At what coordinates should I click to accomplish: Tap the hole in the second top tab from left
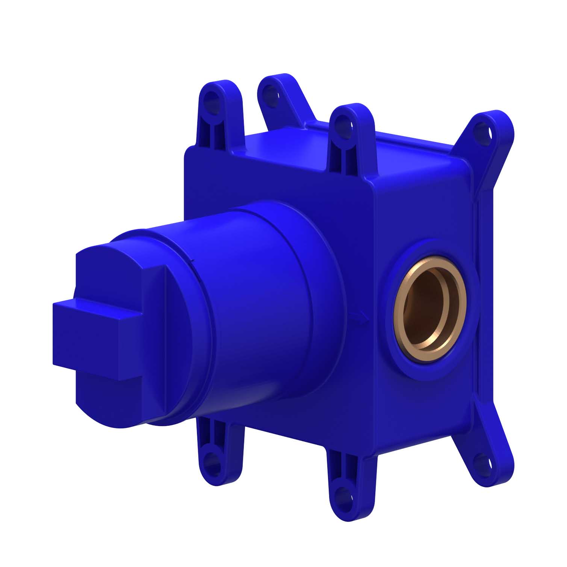point(269,91)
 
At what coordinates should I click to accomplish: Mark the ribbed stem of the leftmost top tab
point(212,128)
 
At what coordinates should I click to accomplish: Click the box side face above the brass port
point(425,210)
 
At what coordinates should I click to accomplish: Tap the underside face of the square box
point(338,432)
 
